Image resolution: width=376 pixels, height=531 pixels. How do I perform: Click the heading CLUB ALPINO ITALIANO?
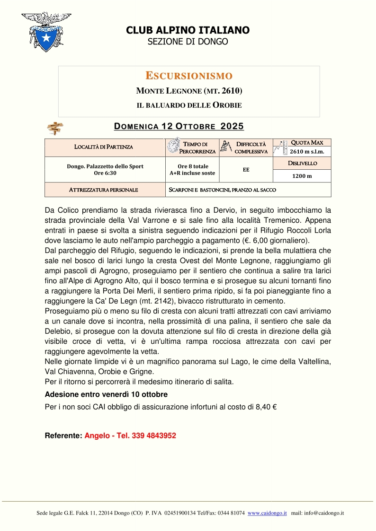point(188,30)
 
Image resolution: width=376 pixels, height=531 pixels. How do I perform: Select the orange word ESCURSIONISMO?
point(188,76)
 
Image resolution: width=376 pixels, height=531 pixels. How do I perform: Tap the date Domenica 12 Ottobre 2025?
point(179,126)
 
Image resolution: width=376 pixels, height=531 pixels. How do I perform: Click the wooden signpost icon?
point(55,128)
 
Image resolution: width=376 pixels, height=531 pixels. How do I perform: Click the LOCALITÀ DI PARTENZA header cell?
point(104,147)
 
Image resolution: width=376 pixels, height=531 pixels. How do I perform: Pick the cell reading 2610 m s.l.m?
point(302,151)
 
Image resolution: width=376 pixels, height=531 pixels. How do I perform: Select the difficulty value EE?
point(246,169)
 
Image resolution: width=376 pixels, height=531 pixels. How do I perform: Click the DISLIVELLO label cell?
point(302,164)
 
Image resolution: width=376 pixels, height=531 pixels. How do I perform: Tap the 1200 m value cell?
point(302,176)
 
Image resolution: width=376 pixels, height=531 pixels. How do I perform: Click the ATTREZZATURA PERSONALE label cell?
point(104,190)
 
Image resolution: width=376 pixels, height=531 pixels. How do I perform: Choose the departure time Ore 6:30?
point(105,173)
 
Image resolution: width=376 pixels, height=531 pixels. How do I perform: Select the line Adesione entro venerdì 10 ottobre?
point(106,394)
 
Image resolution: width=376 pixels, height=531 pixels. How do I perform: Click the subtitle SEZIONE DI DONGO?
point(188,42)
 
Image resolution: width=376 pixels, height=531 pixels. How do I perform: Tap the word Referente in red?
point(63,435)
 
